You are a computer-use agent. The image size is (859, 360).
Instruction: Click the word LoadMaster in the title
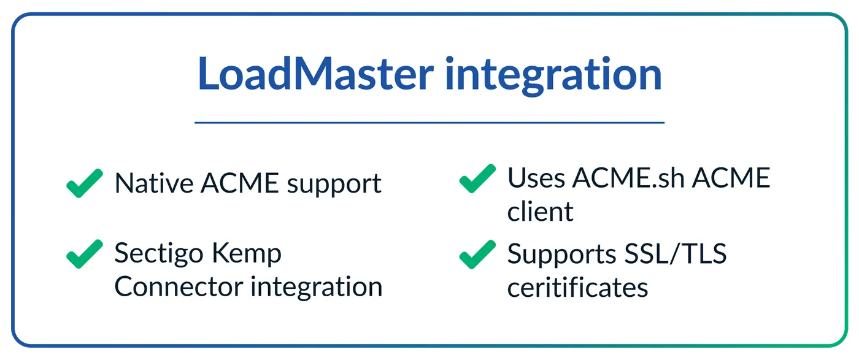(x=315, y=73)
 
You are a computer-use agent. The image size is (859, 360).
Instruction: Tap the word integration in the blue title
(x=553, y=75)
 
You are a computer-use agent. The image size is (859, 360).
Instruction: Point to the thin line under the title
(x=429, y=123)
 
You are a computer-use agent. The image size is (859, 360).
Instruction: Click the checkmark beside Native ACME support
(x=85, y=183)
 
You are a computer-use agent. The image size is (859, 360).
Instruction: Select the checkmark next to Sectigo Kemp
(x=85, y=254)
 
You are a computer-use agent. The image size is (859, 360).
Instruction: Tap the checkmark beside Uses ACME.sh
(x=477, y=178)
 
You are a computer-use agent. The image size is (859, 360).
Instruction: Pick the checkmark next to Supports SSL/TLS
(x=477, y=254)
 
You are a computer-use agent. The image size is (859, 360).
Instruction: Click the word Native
(x=154, y=183)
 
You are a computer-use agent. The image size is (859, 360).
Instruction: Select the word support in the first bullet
(x=334, y=185)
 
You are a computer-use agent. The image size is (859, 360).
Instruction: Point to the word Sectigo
(x=159, y=254)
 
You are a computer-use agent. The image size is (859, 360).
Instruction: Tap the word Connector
(x=179, y=287)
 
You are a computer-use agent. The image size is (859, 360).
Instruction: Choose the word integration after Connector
(x=317, y=288)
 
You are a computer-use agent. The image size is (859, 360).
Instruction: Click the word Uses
(x=536, y=178)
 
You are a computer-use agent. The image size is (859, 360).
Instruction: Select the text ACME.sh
(x=628, y=177)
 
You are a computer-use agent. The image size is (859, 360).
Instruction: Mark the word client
(x=540, y=211)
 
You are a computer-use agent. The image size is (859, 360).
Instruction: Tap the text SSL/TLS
(x=676, y=254)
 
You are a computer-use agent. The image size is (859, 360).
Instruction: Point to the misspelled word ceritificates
(x=577, y=287)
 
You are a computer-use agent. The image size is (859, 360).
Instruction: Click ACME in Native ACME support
(x=240, y=183)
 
